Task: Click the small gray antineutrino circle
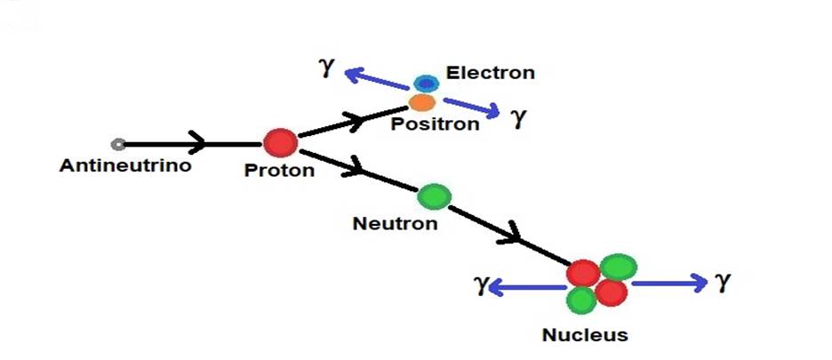[117, 144]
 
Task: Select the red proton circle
[280, 142]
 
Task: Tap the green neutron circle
[435, 196]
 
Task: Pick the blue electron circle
[427, 84]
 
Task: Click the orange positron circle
[422, 102]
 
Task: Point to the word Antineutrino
[125, 165]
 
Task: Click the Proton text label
[279, 171]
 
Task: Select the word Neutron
[396, 223]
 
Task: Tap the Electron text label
[491, 73]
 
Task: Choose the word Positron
[436, 124]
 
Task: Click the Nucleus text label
[585, 336]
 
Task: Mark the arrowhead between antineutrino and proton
[198, 143]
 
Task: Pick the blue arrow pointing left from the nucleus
[530, 286]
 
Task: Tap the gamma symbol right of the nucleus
[723, 282]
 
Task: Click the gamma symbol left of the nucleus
[481, 285]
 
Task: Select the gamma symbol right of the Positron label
[518, 118]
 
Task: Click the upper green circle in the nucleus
[620, 266]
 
